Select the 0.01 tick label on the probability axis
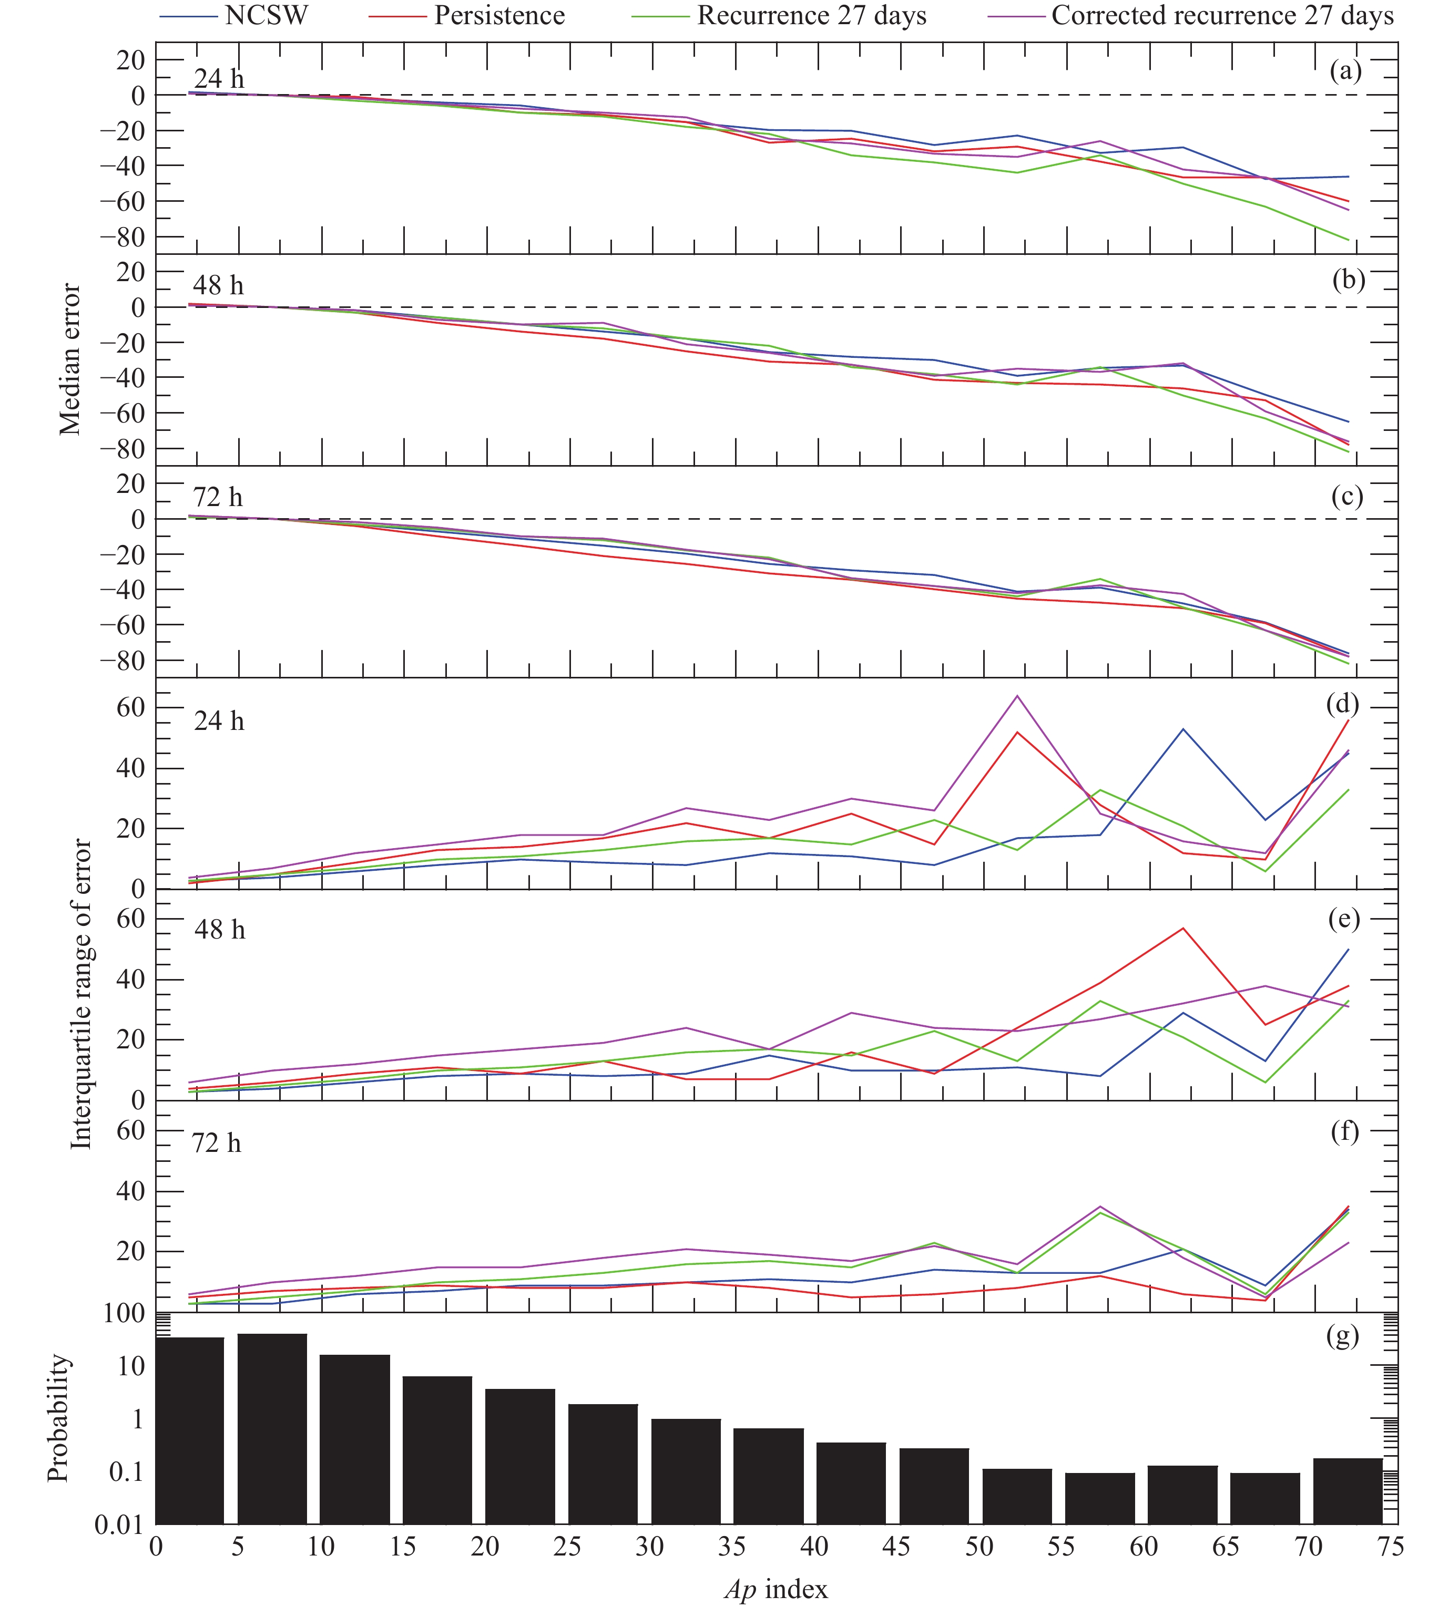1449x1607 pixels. (119, 1526)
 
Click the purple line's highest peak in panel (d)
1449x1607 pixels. (1017, 696)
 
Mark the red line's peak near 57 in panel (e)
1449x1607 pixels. (1183, 928)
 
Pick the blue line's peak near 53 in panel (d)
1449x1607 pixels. (1183, 729)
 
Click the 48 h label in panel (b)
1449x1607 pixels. (219, 285)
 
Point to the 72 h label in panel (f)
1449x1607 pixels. (217, 1144)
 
